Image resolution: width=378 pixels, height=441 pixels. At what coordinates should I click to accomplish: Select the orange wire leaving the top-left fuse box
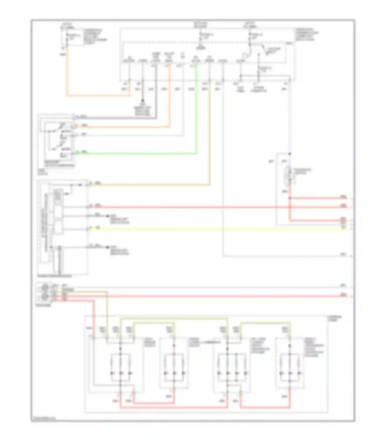tap(98, 96)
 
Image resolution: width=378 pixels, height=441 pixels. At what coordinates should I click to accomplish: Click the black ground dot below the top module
tap(142, 101)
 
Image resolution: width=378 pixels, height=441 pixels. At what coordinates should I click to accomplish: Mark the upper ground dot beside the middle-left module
tap(108, 216)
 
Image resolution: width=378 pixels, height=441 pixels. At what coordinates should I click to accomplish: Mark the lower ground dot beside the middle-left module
tap(108, 247)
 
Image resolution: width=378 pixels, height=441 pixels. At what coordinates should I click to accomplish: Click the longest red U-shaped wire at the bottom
tap(174, 407)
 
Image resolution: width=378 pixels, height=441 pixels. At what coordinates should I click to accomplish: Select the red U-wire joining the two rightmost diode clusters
tap(265, 407)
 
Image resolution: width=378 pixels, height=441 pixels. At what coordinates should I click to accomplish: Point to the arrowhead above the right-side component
tap(289, 154)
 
